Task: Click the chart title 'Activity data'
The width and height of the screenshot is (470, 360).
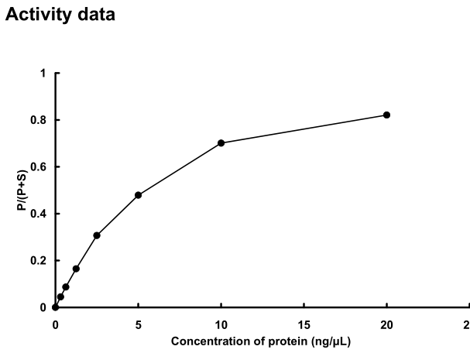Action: (x=60, y=15)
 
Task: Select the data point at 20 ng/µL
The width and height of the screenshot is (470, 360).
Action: (x=386, y=115)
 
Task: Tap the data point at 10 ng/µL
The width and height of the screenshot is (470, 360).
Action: (x=221, y=142)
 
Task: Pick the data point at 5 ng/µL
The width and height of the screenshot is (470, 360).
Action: (x=138, y=195)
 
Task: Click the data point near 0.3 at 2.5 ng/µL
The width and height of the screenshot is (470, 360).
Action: (x=96, y=235)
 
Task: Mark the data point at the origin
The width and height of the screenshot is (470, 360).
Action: (x=55, y=307)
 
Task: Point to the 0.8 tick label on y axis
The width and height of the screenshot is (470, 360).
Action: (x=39, y=120)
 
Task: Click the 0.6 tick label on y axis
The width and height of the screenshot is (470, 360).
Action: (x=39, y=167)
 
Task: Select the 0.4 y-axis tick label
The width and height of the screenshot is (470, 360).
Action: (x=39, y=214)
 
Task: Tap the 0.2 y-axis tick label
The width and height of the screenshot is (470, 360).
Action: (x=39, y=261)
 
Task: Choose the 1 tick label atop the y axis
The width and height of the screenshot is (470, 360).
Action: (x=43, y=74)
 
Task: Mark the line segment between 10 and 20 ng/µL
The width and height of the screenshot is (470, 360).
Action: (x=304, y=129)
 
